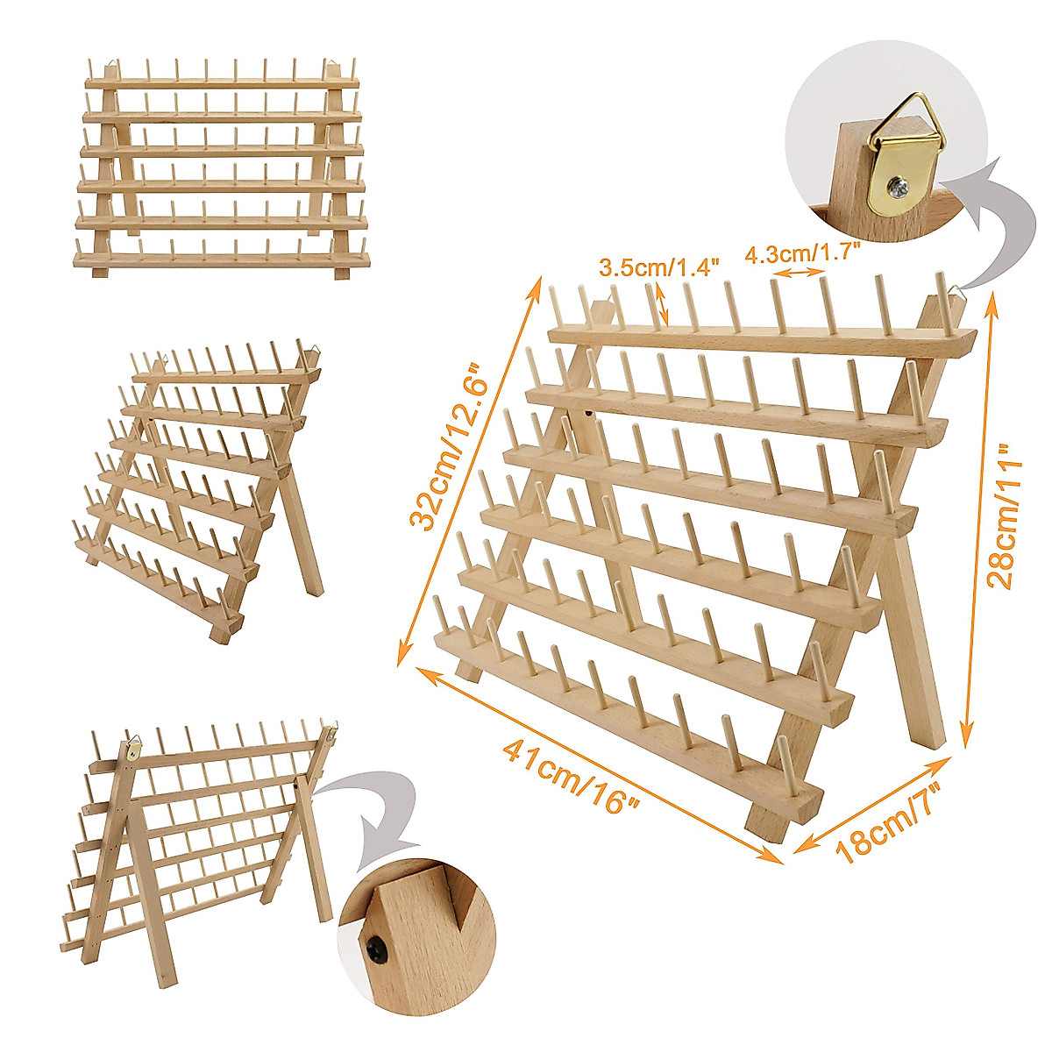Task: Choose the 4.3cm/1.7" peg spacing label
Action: point(802,254)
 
